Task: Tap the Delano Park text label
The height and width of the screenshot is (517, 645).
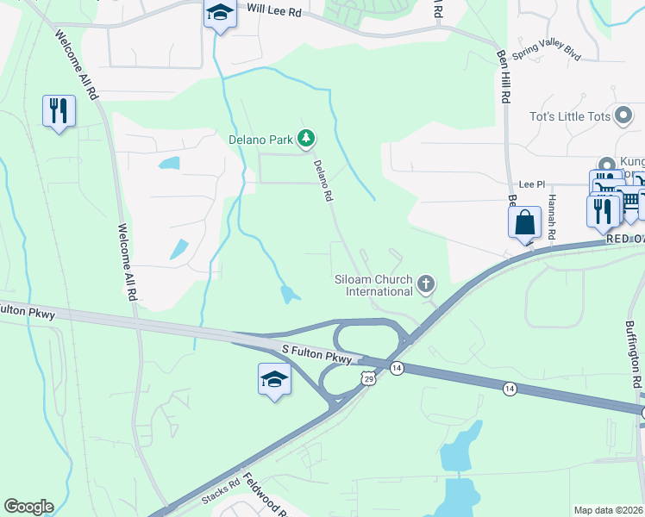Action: (x=260, y=139)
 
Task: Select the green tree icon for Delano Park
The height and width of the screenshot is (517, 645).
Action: (x=305, y=138)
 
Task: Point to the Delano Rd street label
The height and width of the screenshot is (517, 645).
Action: (x=322, y=181)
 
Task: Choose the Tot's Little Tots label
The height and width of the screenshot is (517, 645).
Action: (x=570, y=116)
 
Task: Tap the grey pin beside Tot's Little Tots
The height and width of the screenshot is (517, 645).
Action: (x=624, y=116)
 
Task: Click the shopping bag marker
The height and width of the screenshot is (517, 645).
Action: (x=525, y=223)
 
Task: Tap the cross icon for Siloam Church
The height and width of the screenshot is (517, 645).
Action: (x=425, y=283)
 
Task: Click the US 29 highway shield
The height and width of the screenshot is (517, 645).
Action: (x=368, y=379)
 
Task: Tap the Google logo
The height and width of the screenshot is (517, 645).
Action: (x=28, y=506)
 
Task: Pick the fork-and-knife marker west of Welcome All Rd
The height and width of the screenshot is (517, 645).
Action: (x=59, y=111)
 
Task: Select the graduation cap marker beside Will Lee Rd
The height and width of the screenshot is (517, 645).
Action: (x=220, y=14)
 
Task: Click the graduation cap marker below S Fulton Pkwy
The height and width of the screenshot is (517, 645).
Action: (x=273, y=380)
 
